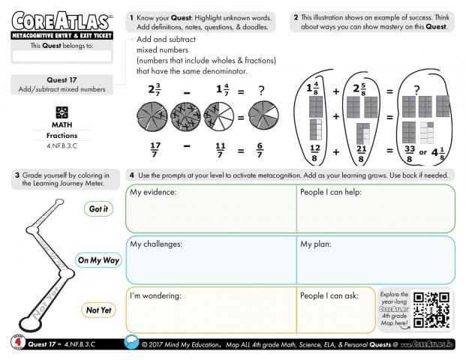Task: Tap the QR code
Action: [x=433, y=310]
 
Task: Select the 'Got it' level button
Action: [x=98, y=209]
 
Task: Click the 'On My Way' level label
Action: [x=98, y=260]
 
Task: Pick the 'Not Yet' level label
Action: [x=98, y=310]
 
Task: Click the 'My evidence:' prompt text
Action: [x=153, y=193]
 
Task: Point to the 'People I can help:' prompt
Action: [x=331, y=193]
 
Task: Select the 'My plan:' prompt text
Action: [x=317, y=244]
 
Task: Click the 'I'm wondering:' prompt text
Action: [x=155, y=295]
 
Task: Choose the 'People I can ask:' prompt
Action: [x=329, y=295]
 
